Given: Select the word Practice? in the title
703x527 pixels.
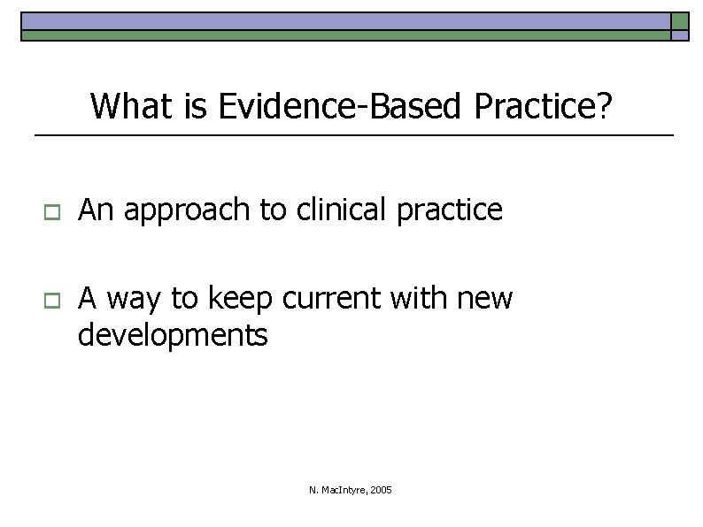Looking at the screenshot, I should click(543, 107).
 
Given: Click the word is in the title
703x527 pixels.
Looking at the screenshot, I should click(197, 107).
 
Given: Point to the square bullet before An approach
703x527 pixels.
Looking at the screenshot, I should click(50, 212).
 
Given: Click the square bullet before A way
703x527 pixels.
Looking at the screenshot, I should click(50, 301).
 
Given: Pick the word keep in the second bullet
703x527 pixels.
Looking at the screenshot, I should click(240, 299).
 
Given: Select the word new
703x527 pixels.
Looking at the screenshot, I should click(486, 300).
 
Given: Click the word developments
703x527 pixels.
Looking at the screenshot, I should click(173, 335).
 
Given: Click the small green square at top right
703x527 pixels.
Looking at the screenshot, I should click(679, 21).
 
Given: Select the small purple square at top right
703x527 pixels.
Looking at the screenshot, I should click(679, 36).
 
